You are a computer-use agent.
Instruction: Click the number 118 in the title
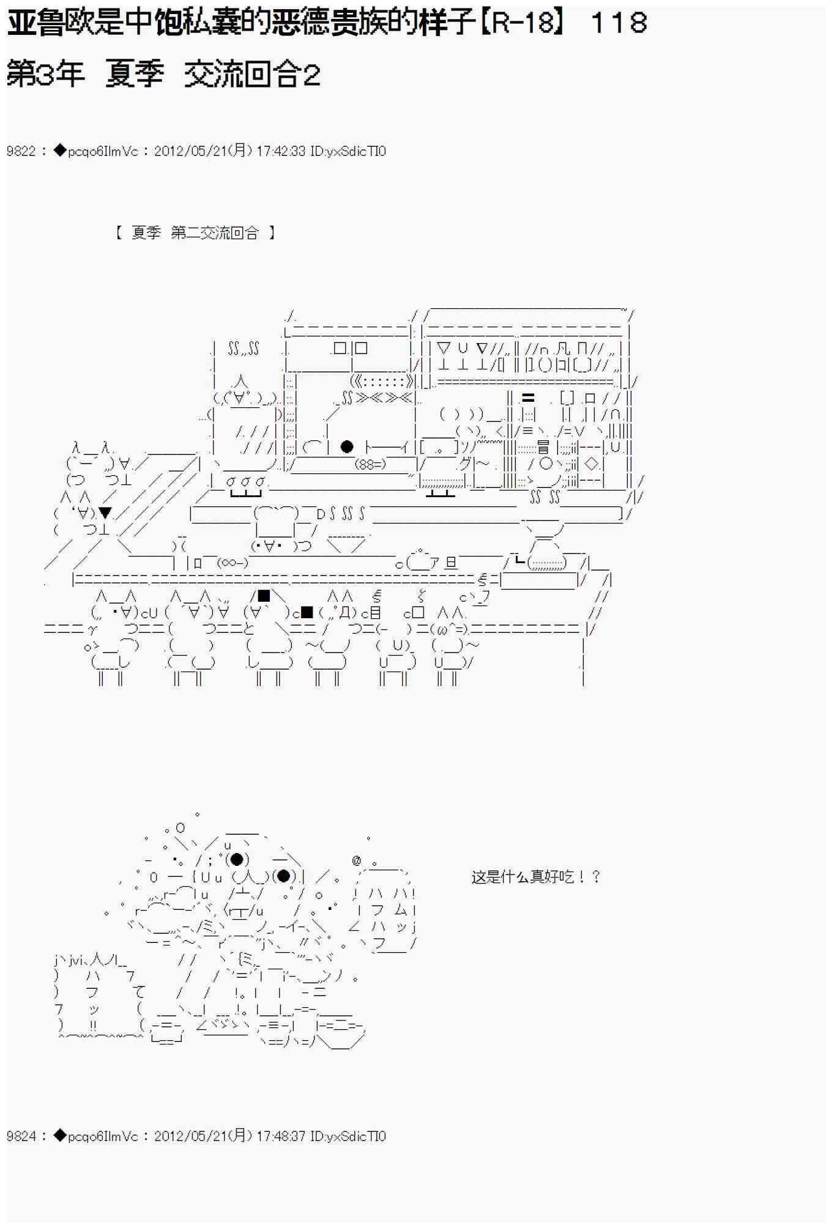619,23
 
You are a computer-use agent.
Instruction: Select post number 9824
21,1136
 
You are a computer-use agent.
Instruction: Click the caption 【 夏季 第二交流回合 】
195,232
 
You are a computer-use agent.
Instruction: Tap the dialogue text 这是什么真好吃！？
536,877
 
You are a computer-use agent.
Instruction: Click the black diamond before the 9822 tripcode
60,150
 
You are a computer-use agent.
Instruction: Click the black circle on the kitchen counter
347,446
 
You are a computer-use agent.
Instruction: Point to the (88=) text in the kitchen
370,464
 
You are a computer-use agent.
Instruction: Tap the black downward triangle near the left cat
105,512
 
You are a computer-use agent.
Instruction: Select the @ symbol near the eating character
357,861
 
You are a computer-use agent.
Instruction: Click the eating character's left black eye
237,859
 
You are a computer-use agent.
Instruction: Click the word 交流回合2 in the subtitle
252,75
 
